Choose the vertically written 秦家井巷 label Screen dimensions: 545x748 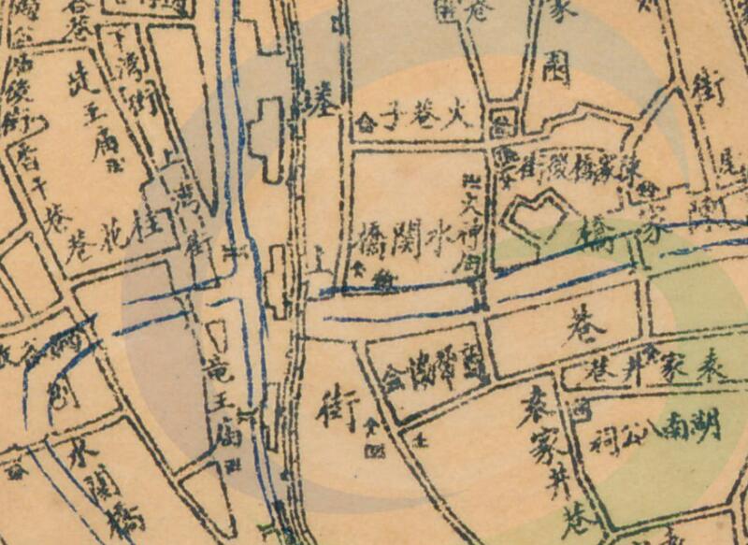547,458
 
